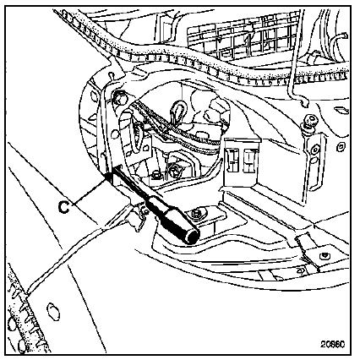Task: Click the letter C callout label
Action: tap(64, 207)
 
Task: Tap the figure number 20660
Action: tap(332, 344)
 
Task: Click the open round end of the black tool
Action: tap(193, 237)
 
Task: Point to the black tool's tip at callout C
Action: tap(108, 177)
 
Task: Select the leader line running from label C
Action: tap(89, 192)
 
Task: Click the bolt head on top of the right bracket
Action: tap(310, 120)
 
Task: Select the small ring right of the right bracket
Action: tap(341, 146)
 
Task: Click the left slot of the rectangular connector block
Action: tap(233, 160)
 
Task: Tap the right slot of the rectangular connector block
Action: tap(250, 160)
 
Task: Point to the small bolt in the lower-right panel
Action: tap(325, 256)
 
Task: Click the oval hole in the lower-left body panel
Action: tap(52, 312)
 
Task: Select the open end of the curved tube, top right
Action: tap(345, 36)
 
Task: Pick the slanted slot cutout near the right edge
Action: tap(341, 110)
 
